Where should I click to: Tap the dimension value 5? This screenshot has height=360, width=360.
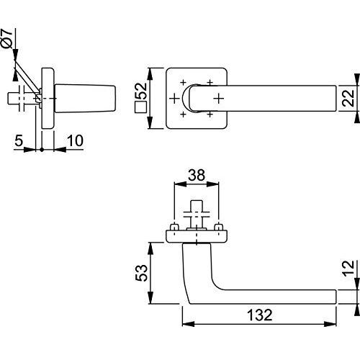[x=19, y=140]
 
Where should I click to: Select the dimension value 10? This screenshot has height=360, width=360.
[x=75, y=140]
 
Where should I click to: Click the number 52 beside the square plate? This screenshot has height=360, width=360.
[x=141, y=91]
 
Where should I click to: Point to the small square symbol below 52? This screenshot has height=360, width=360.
[x=141, y=107]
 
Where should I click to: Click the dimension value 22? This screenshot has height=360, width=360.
[x=348, y=98]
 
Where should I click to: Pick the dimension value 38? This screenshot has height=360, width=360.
[x=197, y=175]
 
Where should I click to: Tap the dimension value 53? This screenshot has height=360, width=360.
[x=141, y=273]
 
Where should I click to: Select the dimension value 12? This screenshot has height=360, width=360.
[x=348, y=268]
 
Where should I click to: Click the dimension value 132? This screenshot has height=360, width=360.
[x=260, y=315]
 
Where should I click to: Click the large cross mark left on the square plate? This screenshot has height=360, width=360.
[x=174, y=99]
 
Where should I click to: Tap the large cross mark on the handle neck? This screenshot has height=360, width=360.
[x=219, y=99]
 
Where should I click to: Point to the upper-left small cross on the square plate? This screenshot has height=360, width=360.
[x=183, y=83]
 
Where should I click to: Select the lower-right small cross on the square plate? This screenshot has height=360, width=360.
[x=210, y=114]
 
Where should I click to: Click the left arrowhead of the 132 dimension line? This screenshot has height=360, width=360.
[x=189, y=324]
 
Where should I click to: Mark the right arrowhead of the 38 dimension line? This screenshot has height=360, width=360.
[x=212, y=184]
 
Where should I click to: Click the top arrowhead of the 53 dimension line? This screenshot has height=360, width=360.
[x=150, y=248]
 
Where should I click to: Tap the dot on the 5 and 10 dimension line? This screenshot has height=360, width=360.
[x=42, y=150]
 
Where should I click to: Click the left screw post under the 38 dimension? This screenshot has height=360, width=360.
[x=174, y=227]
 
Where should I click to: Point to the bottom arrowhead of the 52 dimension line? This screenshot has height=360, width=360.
[x=150, y=122]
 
